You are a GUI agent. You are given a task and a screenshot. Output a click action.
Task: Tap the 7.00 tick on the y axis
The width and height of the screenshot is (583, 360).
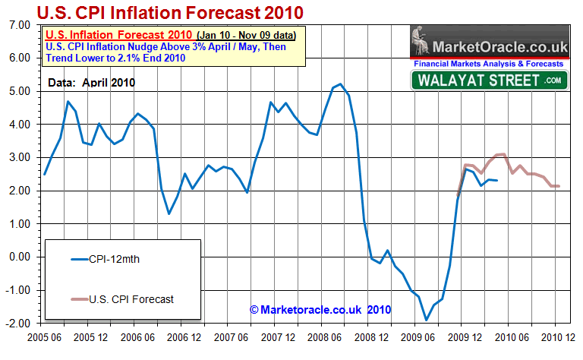20,25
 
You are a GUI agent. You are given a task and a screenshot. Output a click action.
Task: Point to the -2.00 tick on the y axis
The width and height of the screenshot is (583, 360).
18,324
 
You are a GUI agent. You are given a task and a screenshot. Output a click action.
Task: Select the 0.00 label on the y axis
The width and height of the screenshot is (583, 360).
20,257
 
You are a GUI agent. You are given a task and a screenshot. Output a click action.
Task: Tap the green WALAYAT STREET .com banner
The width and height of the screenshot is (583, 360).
490,81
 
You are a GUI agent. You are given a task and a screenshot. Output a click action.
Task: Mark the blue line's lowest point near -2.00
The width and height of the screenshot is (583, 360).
426,320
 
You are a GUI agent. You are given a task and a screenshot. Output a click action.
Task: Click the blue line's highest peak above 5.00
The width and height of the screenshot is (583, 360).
340,84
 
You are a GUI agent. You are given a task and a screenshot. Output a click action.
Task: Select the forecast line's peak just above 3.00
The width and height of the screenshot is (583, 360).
502,154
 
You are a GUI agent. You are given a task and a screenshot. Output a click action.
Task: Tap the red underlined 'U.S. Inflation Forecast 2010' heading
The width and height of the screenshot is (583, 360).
118,35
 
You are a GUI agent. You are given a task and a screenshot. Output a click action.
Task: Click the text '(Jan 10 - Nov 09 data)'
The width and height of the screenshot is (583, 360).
245,35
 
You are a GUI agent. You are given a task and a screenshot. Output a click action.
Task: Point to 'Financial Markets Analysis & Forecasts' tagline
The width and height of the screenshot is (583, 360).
490,65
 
